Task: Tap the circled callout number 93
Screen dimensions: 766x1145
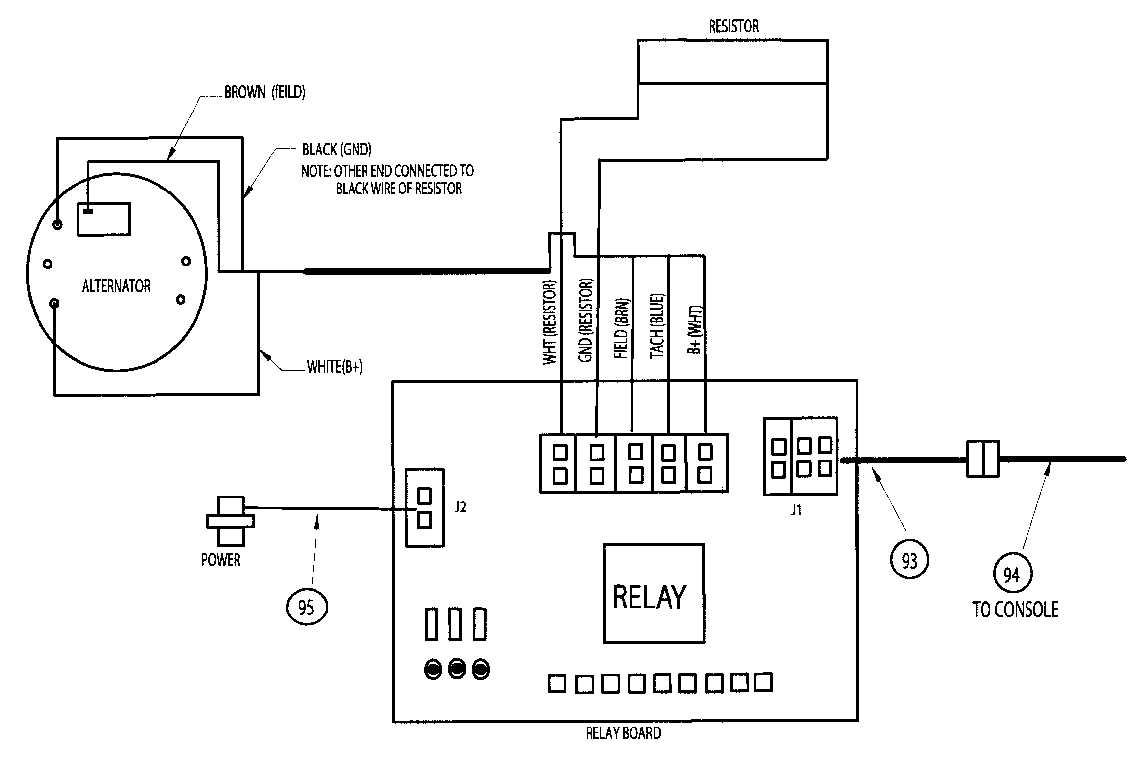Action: (909, 560)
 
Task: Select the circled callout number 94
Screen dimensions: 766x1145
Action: (1011, 574)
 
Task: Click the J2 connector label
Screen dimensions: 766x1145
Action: (460, 507)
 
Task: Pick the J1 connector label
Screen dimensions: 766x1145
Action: (796, 510)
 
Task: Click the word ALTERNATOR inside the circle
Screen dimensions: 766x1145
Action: (116, 286)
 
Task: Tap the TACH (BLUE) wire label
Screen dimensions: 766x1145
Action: (657, 326)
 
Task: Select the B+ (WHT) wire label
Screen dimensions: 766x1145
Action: (694, 328)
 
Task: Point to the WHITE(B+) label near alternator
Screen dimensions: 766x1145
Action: (334, 367)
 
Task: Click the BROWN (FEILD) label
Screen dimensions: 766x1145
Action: (265, 92)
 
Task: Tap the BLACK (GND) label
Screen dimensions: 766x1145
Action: (337, 149)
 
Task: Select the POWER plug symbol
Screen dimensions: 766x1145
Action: (230, 520)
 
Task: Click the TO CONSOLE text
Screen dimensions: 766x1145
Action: (1015, 610)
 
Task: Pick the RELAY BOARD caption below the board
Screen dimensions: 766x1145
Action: (623, 733)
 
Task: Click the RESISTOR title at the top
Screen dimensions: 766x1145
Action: (734, 26)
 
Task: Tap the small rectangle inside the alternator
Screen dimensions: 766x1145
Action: (104, 219)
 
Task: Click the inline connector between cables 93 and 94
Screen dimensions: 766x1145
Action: (983, 459)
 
